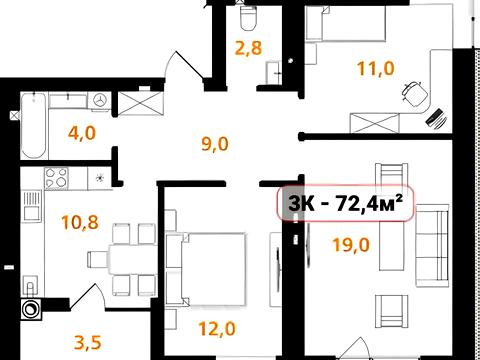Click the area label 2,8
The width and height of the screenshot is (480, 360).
[249, 47]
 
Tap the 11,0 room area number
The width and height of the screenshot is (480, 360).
[376, 68]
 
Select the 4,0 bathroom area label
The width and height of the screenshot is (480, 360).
[82, 133]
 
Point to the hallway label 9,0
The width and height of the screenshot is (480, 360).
[215, 144]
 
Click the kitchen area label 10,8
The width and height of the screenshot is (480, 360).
[80, 222]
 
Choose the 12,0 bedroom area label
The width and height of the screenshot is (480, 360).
[217, 329]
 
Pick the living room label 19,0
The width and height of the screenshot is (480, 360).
[351, 245]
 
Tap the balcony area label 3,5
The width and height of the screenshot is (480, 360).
[87, 342]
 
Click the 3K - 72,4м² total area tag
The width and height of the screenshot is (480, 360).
[346, 203]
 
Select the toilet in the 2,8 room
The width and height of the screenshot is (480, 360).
[249, 17]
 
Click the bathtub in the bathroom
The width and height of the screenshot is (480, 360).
[33, 126]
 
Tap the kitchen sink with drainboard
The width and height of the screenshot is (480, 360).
[33, 207]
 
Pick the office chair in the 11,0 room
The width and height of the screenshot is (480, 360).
[415, 93]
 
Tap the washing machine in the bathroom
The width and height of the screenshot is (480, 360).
[99, 100]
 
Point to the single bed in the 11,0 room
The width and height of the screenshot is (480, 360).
[346, 23]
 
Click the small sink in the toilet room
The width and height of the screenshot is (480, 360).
[273, 72]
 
